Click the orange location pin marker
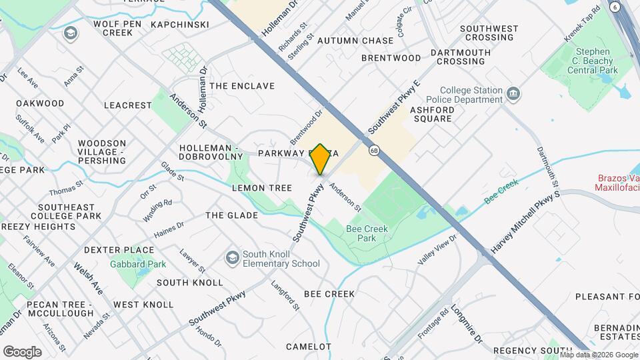click(321, 158)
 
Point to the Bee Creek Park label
click(367, 233)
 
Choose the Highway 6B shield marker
click(375, 149)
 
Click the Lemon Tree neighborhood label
click(262, 188)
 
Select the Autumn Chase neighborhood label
click(355, 41)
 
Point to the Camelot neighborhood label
click(309, 347)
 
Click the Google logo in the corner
click(22, 351)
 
